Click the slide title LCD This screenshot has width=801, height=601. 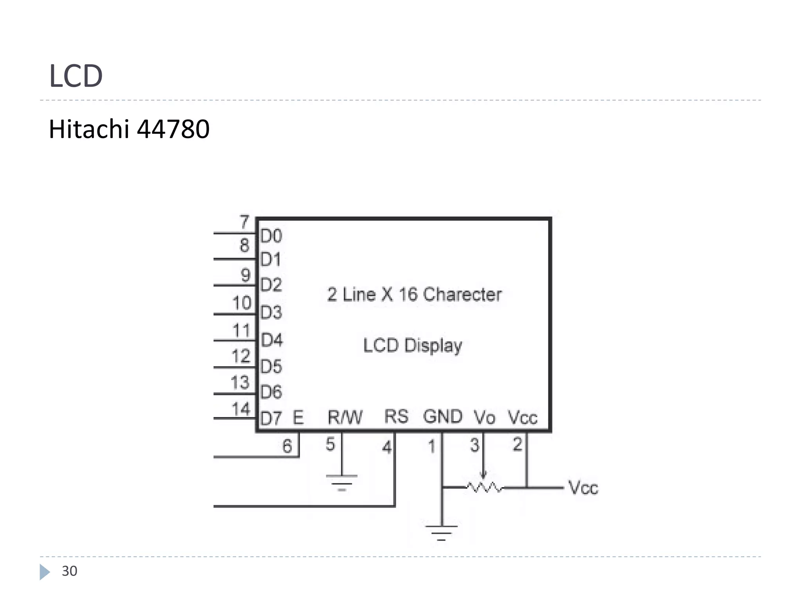tap(76, 76)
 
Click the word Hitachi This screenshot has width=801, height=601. tap(89, 129)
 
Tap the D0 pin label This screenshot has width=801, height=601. tap(271, 236)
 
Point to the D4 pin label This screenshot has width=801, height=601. tap(271, 340)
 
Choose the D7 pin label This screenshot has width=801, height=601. tap(271, 418)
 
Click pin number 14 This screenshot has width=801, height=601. tap(241, 409)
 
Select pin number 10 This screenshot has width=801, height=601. tap(242, 303)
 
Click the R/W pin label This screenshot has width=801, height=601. tap(345, 417)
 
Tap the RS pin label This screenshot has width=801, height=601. tap(396, 416)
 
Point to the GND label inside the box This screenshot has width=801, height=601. tap(443, 416)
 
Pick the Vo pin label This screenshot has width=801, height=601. tap(485, 417)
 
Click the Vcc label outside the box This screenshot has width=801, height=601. tap(583, 488)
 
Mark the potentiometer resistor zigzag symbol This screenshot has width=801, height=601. tap(485, 487)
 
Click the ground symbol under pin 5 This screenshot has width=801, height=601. tap(341, 482)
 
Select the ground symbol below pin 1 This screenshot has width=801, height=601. tap(442, 533)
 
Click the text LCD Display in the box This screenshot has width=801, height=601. tap(413, 345)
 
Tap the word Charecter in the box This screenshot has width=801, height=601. tap(462, 294)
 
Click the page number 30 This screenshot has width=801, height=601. tap(70, 571)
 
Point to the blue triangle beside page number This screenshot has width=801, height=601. tap(45, 572)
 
